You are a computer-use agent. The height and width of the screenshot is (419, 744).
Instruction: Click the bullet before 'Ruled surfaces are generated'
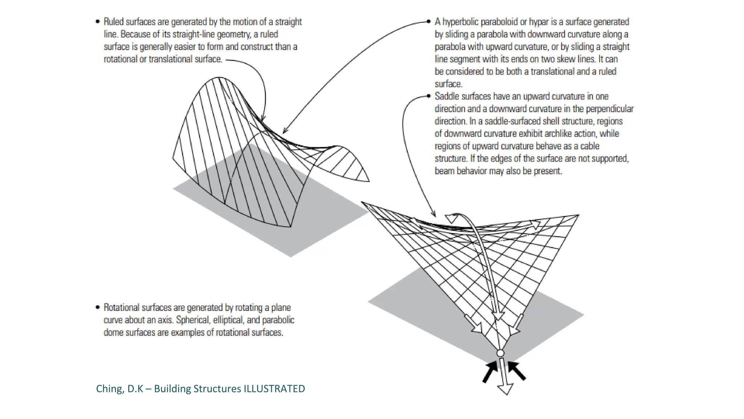97,22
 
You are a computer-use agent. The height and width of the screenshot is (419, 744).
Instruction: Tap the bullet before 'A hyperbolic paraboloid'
429,22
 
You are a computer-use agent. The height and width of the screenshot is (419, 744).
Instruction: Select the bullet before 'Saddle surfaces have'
429,96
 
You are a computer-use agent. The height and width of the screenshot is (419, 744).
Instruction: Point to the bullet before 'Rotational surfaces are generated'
97,307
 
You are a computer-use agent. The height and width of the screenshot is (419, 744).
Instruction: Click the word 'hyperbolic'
461,22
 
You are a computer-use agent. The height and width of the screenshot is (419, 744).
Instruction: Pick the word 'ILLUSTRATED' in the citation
274,389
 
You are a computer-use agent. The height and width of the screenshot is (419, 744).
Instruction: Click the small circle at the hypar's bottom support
500,353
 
